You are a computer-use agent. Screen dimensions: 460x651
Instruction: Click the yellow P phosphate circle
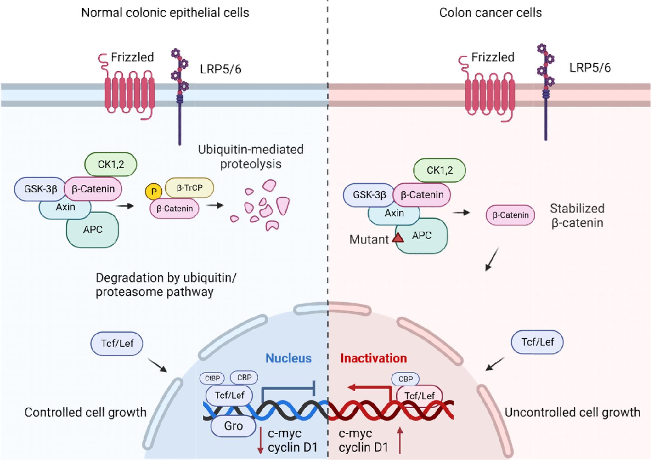(x=154, y=191)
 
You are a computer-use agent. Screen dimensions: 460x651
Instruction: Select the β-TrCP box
(x=190, y=188)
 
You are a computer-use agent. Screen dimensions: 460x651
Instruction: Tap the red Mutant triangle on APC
(x=398, y=238)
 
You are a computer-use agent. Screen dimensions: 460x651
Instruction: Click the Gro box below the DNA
(x=233, y=426)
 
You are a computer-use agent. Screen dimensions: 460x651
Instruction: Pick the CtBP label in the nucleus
(x=212, y=378)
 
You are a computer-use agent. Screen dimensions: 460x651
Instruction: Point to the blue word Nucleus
(x=288, y=358)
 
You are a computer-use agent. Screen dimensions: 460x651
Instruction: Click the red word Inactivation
(x=373, y=358)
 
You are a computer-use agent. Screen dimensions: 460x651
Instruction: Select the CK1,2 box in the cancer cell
(x=439, y=170)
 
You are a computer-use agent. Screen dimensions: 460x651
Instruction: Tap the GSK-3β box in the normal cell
(x=40, y=189)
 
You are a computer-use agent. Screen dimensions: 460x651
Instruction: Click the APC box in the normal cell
(x=93, y=230)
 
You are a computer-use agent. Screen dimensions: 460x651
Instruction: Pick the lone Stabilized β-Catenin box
(x=510, y=215)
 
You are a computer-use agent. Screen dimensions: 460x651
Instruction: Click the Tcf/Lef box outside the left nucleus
(x=117, y=344)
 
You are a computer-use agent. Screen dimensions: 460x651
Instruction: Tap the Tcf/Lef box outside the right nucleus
(x=537, y=342)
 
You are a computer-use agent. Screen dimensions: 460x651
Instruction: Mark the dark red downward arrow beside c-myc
(x=260, y=440)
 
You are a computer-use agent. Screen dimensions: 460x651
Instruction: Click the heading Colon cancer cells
(x=490, y=12)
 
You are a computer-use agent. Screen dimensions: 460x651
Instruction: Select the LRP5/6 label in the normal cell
(x=220, y=69)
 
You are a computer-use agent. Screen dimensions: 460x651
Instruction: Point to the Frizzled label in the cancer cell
(x=493, y=57)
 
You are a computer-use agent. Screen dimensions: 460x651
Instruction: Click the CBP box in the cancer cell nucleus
(x=405, y=379)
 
